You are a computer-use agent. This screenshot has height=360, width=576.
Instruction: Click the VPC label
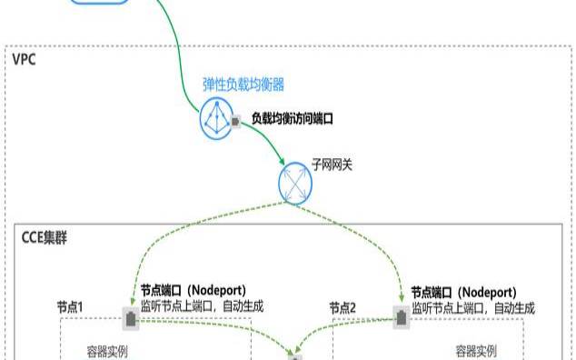[24, 60]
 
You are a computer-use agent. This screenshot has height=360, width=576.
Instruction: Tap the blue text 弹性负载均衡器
[243, 85]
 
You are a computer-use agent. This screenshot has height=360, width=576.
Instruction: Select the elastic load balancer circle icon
[218, 118]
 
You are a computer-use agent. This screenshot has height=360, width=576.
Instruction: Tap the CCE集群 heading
[43, 238]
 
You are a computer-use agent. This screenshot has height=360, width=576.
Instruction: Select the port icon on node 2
[401, 315]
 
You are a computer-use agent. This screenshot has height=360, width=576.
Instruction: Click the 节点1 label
[70, 309]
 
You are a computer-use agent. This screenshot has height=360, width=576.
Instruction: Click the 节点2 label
[343, 309]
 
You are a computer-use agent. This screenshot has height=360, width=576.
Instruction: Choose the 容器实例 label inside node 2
[476, 350]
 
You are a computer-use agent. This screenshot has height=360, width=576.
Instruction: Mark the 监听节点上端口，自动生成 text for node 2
[472, 307]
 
